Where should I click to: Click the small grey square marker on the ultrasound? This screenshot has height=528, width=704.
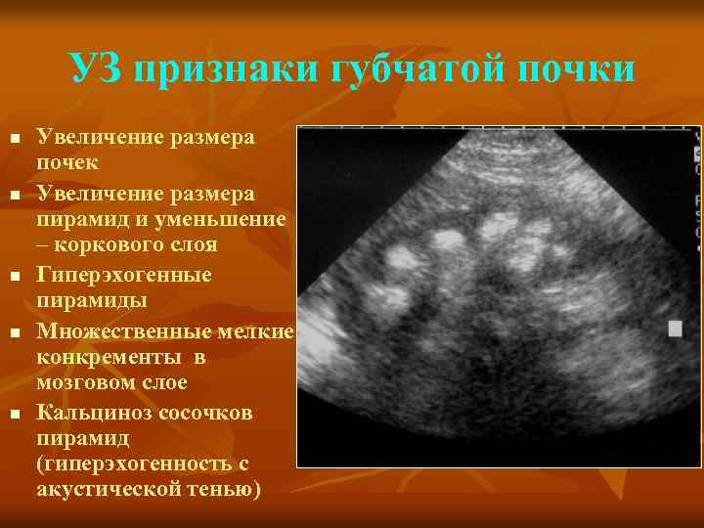click(x=675, y=330)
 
